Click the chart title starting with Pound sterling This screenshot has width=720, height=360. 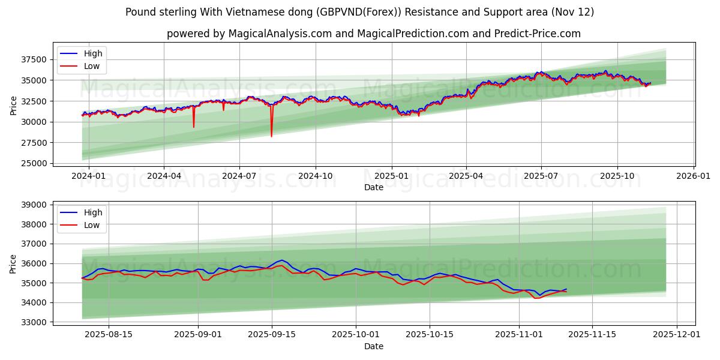click(359, 12)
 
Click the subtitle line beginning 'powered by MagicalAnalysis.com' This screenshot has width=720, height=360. click(373, 34)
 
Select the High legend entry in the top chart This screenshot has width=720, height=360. click(93, 53)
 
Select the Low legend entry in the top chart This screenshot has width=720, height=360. click(92, 66)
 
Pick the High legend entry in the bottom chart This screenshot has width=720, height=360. click(93, 212)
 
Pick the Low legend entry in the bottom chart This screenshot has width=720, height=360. click(92, 225)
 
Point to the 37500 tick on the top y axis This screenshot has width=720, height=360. click(34, 59)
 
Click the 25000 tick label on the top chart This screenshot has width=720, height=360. click(34, 163)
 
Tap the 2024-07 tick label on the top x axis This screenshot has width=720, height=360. click(239, 176)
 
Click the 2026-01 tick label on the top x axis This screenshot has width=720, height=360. click(694, 176)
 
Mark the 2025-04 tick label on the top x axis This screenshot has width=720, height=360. click(466, 176)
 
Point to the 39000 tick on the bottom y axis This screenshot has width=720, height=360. click(34, 205)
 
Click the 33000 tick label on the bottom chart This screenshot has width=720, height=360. click(34, 322)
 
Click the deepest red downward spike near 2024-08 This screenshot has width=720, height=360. click(271, 136)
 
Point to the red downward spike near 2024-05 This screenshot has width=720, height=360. click(194, 126)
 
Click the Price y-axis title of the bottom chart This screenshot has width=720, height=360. click(13, 263)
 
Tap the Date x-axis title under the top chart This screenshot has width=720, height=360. click(373, 187)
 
